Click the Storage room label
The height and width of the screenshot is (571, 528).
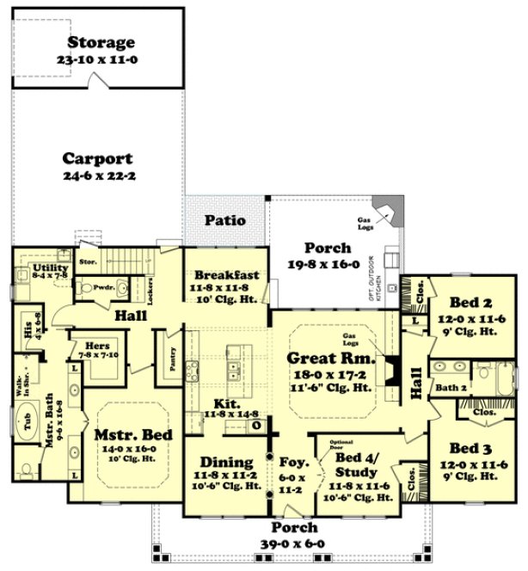[101, 42]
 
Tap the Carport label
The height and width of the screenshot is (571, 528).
[97, 158]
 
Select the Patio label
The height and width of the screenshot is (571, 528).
[224, 220]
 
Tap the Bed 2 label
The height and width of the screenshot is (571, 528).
[470, 302]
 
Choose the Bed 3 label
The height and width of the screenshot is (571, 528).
[470, 448]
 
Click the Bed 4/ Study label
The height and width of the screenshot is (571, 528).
[354, 459]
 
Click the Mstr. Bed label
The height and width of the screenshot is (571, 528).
[132, 435]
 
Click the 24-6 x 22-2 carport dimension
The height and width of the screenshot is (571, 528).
[97, 175]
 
